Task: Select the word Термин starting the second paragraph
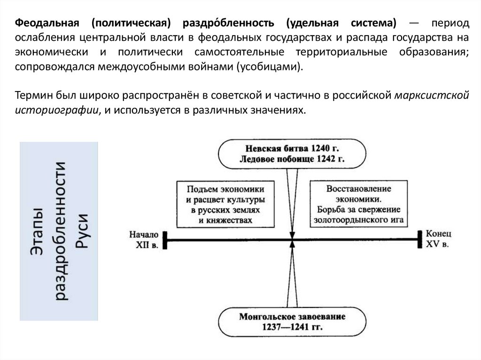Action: pyautogui.click(x=31, y=97)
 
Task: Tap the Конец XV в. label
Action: pyautogui.click(x=438, y=238)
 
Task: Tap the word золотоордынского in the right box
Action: pyautogui.click(x=348, y=219)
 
